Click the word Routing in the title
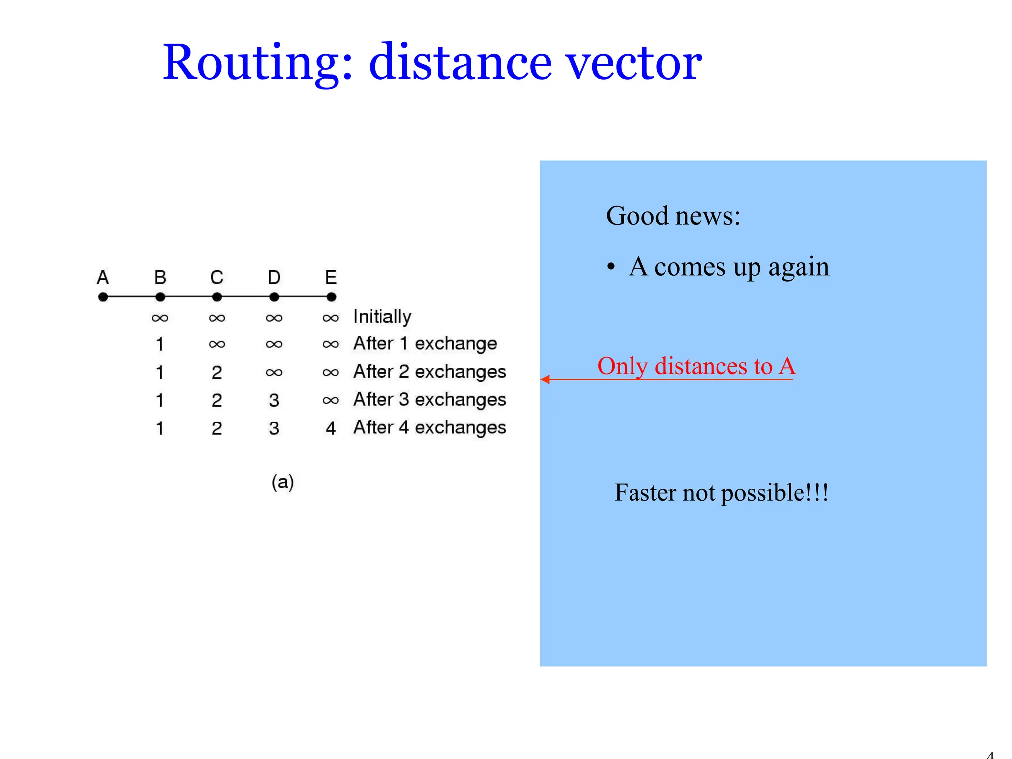click(257, 63)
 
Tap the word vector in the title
click(633, 64)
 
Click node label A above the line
click(103, 277)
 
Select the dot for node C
click(217, 297)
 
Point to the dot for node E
click(331, 297)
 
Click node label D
click(274, 277)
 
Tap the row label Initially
click(382, 317)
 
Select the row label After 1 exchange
click(425, 343)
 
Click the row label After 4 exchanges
click(429, 427)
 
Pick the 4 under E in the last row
click(331, 428)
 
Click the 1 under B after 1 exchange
click(160, 344)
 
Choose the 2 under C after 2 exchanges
click(217, 372)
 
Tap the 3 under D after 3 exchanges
click(274, 400)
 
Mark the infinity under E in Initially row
click(331, 318)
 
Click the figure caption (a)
click(283, 482)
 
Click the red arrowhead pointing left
click(546, 379)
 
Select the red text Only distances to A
click(696, 366)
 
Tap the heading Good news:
click(673, 216)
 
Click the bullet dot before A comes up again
click(611, 267)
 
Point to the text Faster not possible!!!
click(721, 493)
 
